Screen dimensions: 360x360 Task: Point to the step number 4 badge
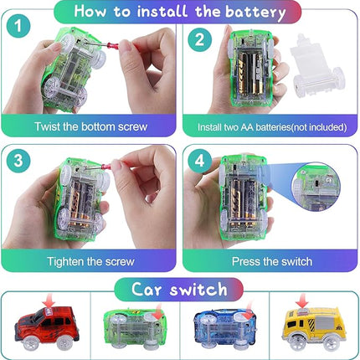click(200, 160)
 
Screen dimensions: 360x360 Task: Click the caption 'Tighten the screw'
click(91, 261)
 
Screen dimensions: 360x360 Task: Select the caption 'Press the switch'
click(272, 261)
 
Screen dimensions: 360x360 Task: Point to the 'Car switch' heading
click(179, 290)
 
